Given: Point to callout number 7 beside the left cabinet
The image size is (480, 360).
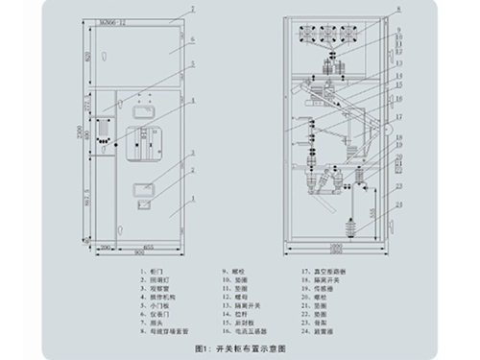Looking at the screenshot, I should pos(192,8).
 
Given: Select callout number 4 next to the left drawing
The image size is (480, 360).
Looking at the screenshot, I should pos(192,99).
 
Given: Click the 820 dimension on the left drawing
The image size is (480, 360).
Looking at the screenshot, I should pos(89,58).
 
